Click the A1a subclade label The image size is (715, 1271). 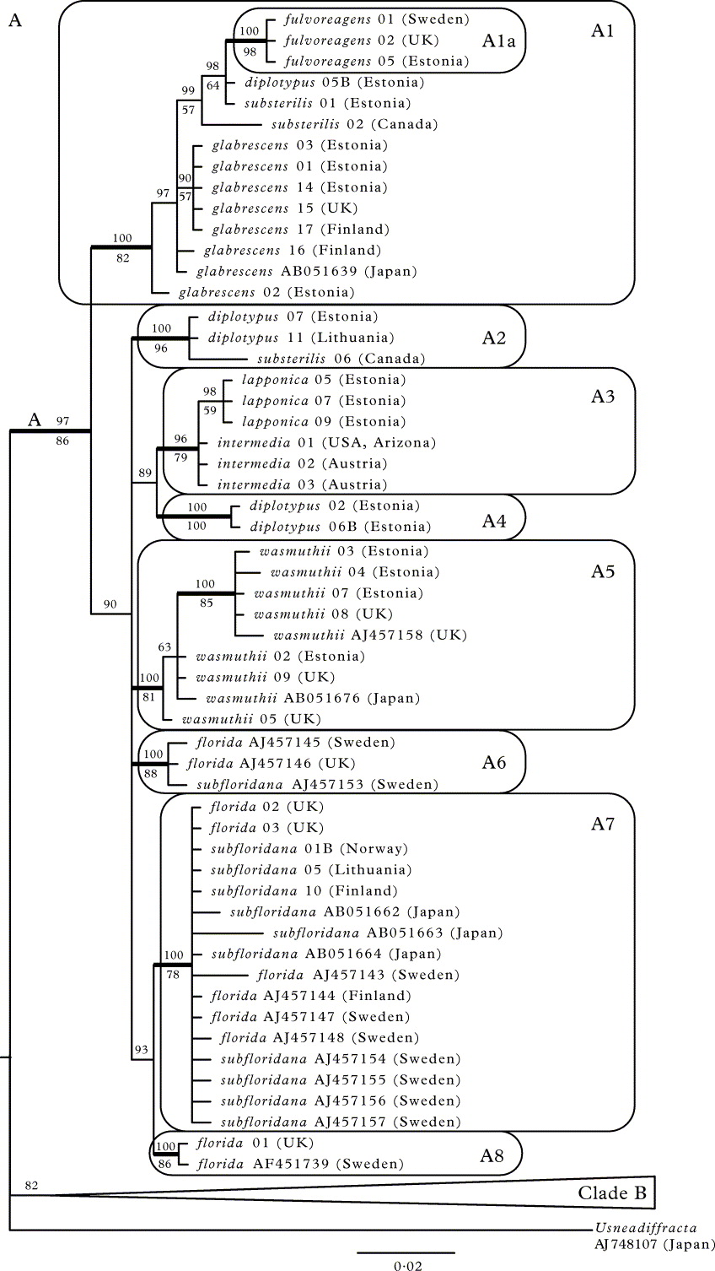point(497,40)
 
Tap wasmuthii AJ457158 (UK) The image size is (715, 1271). point(369,635)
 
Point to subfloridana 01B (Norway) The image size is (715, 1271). point(309,848)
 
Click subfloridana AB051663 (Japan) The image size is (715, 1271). point(388,933)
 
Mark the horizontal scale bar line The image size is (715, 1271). point(406,1252)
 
